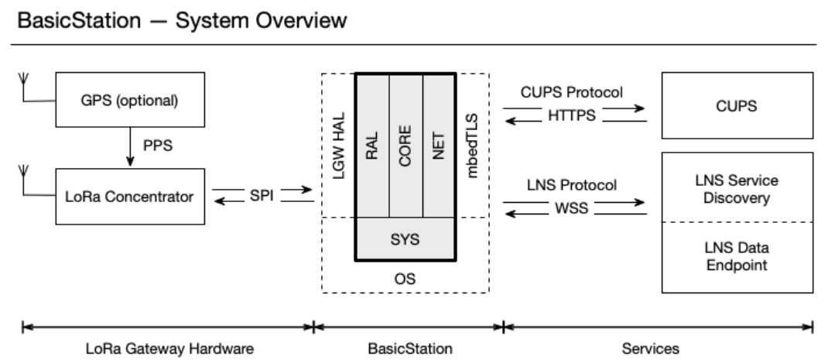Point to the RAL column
point(371,145)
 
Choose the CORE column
point(406,145)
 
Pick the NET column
point(439,145)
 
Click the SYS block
point(405,239)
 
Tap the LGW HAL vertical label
point(338,145)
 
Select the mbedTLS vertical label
point(472,145)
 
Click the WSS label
point(574,207)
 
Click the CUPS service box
point(737,106)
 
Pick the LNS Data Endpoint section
point(737,257)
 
